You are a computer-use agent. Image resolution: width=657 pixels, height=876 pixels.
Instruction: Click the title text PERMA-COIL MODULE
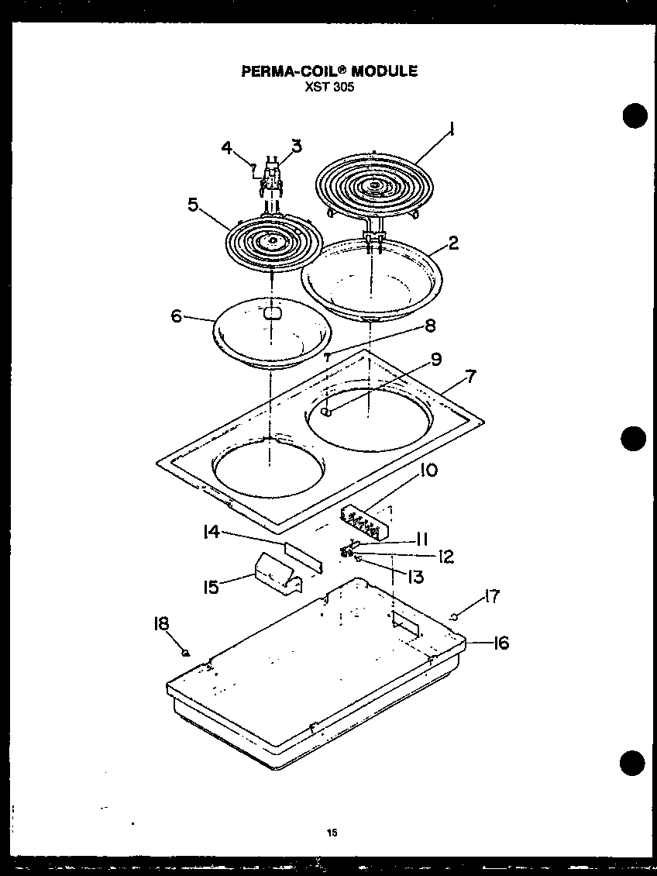click(x=329, y=71)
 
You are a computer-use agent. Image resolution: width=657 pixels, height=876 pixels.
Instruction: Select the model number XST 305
click(x=329, y=86)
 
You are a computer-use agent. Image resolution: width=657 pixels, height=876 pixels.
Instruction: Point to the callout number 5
click(x=193, y=205)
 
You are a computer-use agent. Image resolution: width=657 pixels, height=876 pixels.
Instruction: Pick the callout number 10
click(x=428, y=471)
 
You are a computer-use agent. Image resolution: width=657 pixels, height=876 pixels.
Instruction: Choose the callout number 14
click(x=212, y=532)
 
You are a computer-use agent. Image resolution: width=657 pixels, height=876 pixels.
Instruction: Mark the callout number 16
click(x=501, y=643)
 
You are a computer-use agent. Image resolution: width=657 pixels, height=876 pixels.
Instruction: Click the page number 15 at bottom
click(x=332, y=833)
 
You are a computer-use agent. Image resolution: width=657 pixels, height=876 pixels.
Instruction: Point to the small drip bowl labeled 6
click(x=271, y=335)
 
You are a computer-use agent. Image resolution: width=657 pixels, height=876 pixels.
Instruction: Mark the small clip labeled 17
click(x=454, y=616)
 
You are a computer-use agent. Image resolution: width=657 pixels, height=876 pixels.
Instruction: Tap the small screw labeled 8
click(x=328, y=357)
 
